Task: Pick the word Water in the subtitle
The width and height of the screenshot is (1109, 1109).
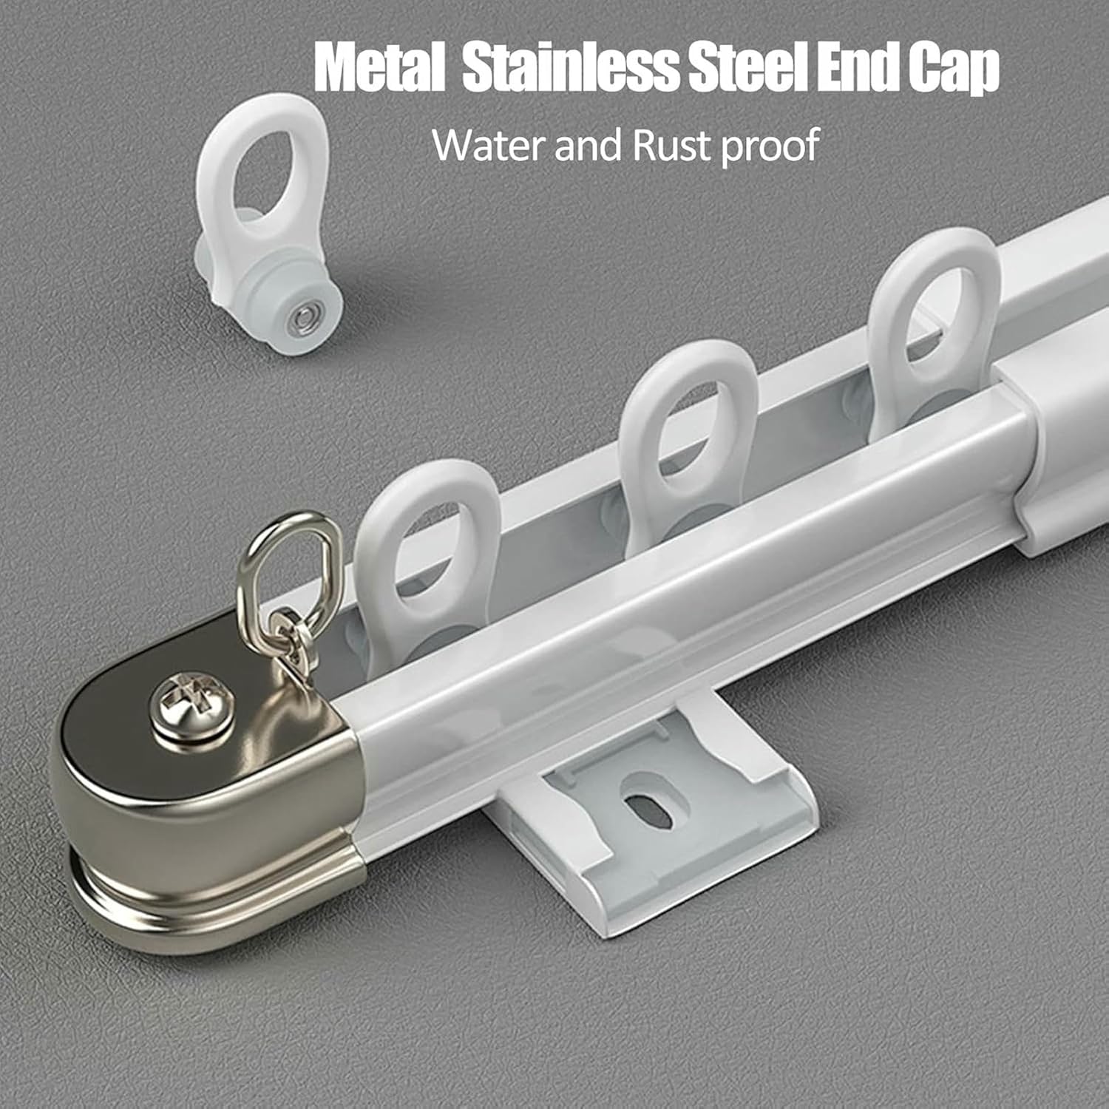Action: coord(488,145)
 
